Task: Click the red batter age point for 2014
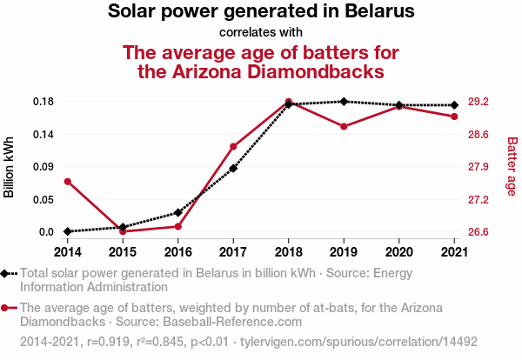tap(67, 181)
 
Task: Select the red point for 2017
tap(233, 146)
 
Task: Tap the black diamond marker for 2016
tap(178, 212)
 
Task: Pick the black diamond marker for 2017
tap(233, 168)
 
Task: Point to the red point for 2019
tap(344, 126)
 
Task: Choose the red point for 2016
tap(178, 226)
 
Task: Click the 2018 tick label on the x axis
tap(289, 251)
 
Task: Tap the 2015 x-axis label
tap(123, 251)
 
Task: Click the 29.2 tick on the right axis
tap(478, 102)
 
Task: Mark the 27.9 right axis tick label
tap(478, 167)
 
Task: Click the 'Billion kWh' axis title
tap(10, 167)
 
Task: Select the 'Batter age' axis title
tap(512, 167)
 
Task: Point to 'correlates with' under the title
tap(261, 33)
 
